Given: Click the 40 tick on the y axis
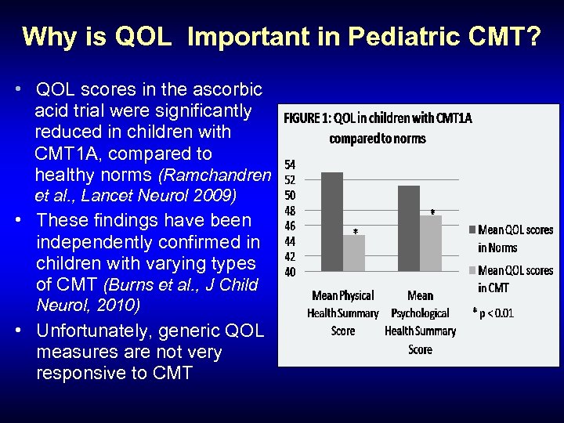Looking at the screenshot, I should point(290,272).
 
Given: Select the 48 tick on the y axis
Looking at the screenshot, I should point(290,211).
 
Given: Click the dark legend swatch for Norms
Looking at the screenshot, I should point(472,230).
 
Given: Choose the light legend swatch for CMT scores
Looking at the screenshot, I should point(472,271).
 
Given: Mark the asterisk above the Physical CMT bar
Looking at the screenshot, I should point(355,231).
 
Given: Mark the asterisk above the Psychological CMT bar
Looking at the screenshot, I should point(432,212).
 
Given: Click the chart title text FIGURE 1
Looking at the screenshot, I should point(309,119).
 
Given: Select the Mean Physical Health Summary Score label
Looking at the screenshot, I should point(343,313).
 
